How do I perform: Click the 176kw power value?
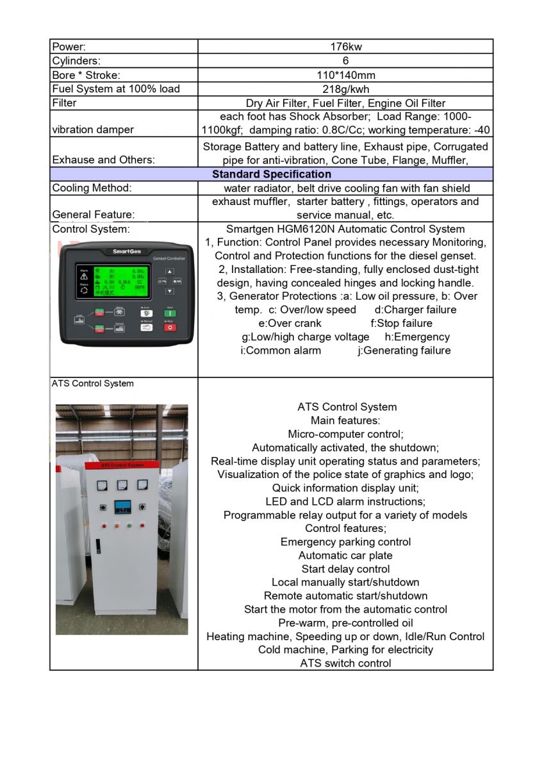(x=345, y=47)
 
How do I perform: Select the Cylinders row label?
(x=76, y=61)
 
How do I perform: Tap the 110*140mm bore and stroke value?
(x=345, y=75)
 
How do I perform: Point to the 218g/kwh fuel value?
(x=345, y=89)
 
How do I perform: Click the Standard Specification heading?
(x=272, y=174)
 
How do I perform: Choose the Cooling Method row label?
(x=92, y=188)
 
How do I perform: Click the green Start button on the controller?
(x=170, y=313)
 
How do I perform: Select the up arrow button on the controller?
(x=170, y=271)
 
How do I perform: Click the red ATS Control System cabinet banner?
(x=122, y=465)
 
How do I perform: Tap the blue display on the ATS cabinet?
(x=122, y=508)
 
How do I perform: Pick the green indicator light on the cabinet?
(x=129, y=526)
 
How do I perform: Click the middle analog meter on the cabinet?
(x=122, y=486)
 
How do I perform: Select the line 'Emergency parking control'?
(x=345, y=542)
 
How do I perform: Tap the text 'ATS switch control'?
(x=345, y=663)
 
